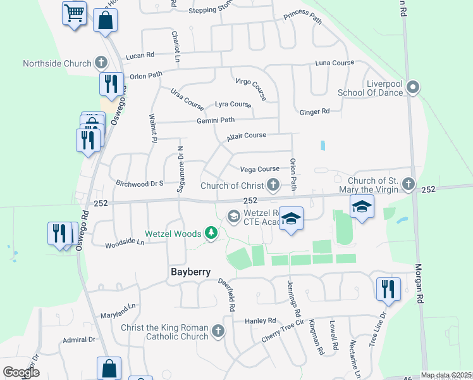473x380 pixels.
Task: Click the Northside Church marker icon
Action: [x=101, y=62]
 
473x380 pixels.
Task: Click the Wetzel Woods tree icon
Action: [x=211, y=234]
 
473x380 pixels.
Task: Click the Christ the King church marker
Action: [x=218, y=330]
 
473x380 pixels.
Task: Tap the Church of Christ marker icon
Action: [x=273, y=185]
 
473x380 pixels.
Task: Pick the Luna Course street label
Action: [x=335, y=63]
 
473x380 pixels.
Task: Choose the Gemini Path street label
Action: [x=216, y=120]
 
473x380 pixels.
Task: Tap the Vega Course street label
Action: [x=259, y=169]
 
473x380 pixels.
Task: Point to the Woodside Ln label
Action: [x=125, y=242]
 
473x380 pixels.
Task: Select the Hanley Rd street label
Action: [x=261, y=320]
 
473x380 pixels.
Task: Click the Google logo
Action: [x=21, y=372]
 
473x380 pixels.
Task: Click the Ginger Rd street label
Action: [x=314, y=111]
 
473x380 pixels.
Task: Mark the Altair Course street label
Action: [x=247, y=136]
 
